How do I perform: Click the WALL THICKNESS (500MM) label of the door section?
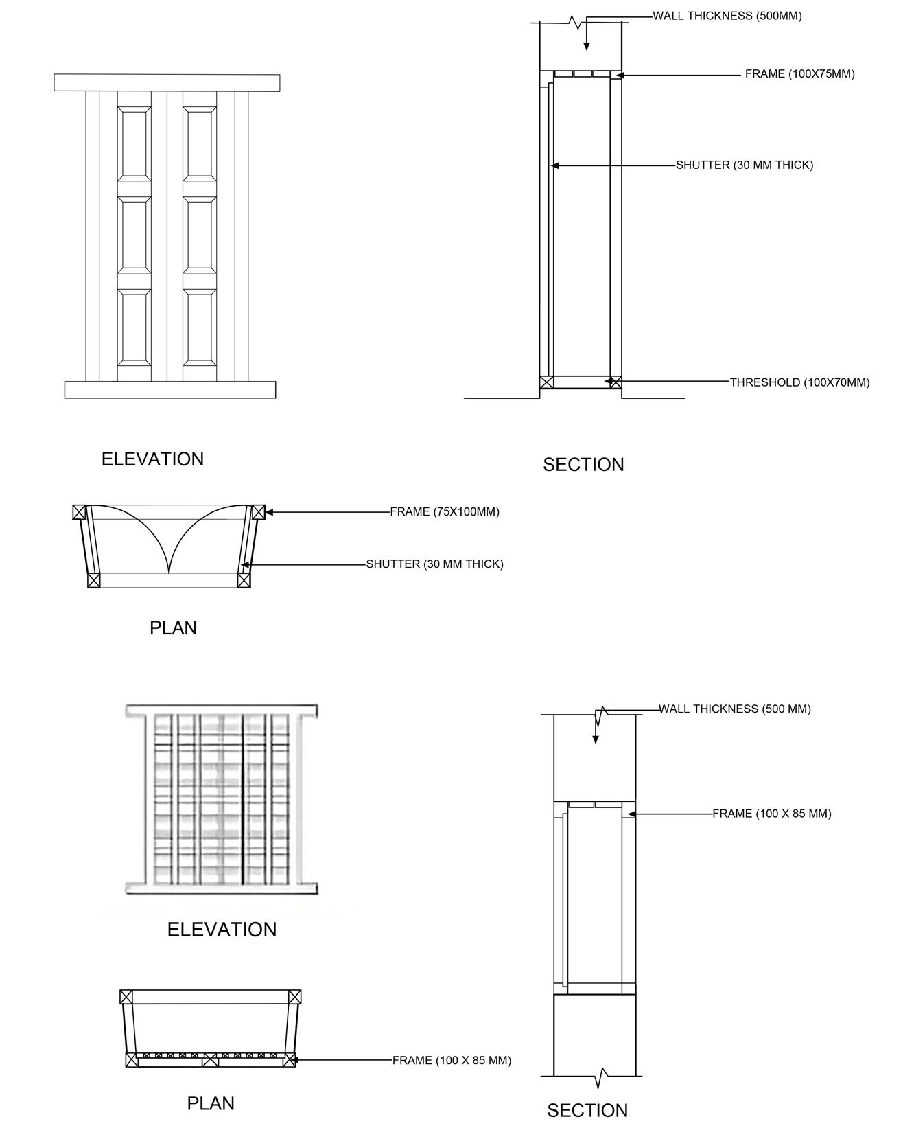tap(727, 16)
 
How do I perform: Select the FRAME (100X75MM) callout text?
tap(799, 74)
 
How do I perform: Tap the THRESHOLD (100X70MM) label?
tap(799, 382)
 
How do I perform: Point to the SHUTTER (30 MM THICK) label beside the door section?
tap(744, 165)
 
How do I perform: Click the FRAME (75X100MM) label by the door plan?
tap(445, 512)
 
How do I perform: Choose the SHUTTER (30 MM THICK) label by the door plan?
tap(434, 564)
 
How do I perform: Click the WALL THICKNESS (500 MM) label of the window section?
tap(734, 709)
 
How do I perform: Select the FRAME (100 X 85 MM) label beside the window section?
tap(771, 814)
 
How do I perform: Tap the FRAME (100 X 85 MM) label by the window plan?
tap(452, 1061)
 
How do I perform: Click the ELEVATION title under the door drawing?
tap(152, 459)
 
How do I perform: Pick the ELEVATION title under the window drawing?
tap(222, 930)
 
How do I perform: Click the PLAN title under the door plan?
tap(173, 628)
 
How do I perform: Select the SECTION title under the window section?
tap(587, 1111)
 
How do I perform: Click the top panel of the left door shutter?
tap(134, 143)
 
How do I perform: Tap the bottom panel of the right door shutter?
tap(200, 327)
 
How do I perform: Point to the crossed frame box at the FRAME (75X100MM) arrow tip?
tap(258, 512)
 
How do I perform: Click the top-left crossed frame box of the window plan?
tap(126, 997)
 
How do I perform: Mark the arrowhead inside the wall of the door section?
tap(586, 46)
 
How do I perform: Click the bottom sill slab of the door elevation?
tap(170, 390)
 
